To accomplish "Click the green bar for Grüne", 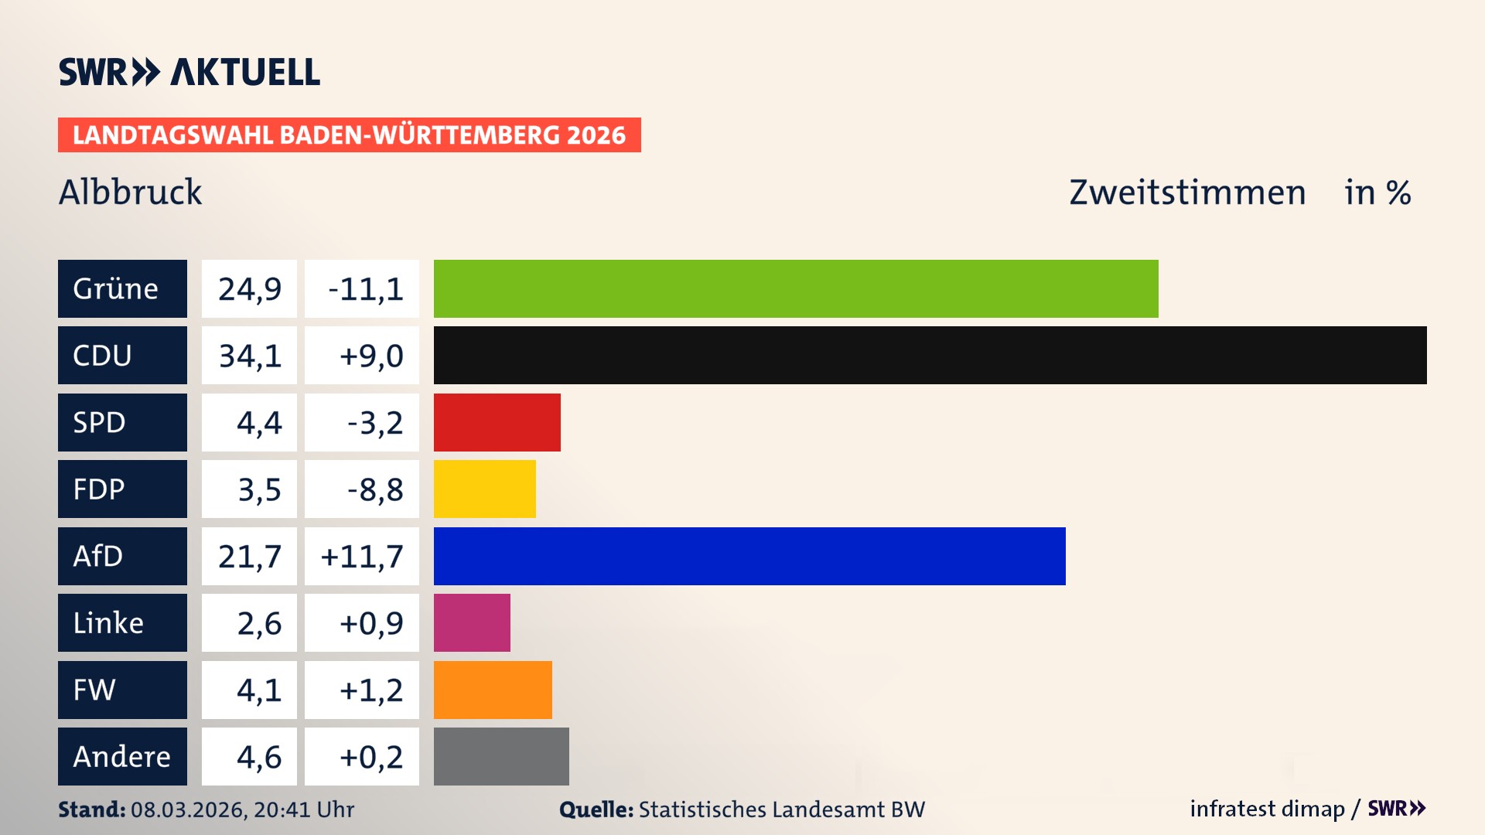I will pyautogui.click(x=795, y=288).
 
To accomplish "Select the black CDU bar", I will pyautogui.click(x=930, y=355).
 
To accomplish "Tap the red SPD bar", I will pyautogui.click(x=497, y=422).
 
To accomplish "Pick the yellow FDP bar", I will pyautogui.click(x=484, y=489).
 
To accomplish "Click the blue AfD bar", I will pyautogui.click(x=749, y=556).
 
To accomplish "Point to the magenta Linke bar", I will pyautogui.click(x=472, y=622).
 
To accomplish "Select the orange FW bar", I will pyautogui.click(x=493, y=690).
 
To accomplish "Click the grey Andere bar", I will pyautogui.click(x=501, y=756).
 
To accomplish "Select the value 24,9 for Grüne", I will pyautogui.click(x=249, y=288).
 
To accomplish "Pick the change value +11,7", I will pyautogui.click(x=361, y=556).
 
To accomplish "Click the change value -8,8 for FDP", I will pyautogui.click(x=374, y=489).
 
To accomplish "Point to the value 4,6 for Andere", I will pyautogui.click(x=258, y=756).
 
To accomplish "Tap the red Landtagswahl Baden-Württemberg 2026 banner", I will pyautogui.click(x=349, y=135).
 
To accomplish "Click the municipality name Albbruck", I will pyautogui.click(x=130, y=192).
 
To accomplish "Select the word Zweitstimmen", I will pyautogui.click(x=1187, y=192).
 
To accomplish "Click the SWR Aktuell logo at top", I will pyautogui.click(x=189, y=72).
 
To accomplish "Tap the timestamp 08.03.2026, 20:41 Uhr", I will pyautogui.click(x=242, y=809).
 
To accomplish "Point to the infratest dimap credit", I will pyautogui.click(x=1266, y=809).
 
